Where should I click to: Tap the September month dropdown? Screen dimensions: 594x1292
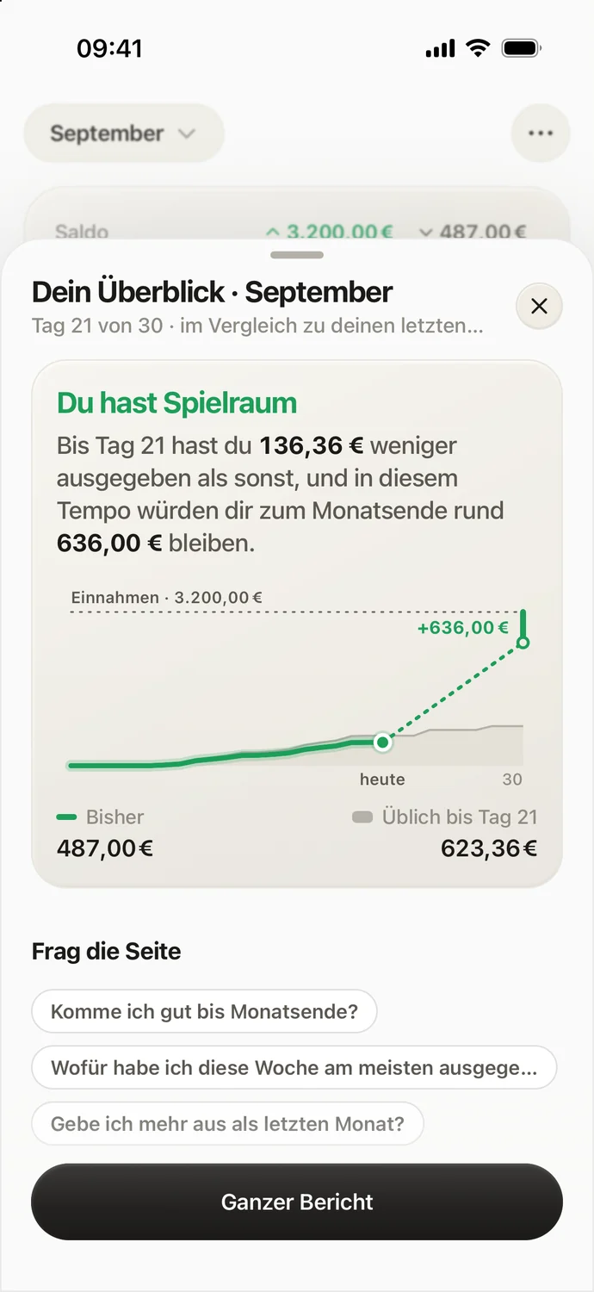coord(123,134)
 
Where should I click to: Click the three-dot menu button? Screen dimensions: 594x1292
coord(541,134)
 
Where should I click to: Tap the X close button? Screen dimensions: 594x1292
coord(539,306)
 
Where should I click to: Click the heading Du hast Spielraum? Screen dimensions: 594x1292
coord(176,402)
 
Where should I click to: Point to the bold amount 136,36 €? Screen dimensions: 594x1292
coord(312,446)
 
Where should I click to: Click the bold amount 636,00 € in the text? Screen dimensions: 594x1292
coord(109,543)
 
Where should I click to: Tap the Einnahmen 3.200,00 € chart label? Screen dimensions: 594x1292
coord(166,597)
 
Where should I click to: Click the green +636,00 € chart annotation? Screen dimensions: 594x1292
coord(463,627)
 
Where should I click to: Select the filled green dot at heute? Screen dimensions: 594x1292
coord(382,742)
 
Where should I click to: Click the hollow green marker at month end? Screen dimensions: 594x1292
coord(523,642)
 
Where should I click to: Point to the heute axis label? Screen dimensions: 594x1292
coord(382,780)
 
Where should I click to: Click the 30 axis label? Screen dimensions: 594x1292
coord(512,780)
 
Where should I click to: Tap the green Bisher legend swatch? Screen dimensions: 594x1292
coord(67,817)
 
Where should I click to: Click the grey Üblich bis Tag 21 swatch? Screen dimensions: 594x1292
coord(362,817)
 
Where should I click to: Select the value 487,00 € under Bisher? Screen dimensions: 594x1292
coord(105,848)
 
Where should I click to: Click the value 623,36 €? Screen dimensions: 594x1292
coord(489,848)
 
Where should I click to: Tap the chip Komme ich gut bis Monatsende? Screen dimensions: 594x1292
coord(204,1011)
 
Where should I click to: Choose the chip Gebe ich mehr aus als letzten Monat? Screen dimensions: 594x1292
coord(228,1123)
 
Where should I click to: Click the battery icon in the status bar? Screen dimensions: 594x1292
coord(522,48)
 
